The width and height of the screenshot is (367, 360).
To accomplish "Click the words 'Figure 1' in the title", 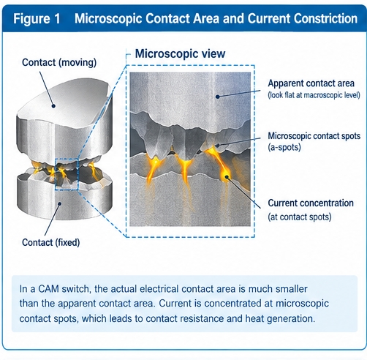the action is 37,18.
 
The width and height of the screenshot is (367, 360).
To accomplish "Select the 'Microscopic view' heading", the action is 180,53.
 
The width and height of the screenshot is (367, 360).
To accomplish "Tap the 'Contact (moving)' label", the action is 59,63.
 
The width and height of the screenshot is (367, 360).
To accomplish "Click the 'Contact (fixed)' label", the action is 51,242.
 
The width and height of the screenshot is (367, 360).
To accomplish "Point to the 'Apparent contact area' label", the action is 311,83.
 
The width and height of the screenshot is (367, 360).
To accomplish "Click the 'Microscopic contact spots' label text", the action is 314,136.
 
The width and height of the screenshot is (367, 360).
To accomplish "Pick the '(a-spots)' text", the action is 284,147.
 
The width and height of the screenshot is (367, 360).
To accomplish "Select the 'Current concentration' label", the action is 311,203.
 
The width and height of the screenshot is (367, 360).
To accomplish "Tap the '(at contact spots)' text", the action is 300,217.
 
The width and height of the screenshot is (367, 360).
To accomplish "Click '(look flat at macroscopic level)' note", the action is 314,95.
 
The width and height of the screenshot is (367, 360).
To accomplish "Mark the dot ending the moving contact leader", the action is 53,106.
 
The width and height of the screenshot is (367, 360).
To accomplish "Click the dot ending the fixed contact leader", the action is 59,203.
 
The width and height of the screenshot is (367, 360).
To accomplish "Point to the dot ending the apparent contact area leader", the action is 218,97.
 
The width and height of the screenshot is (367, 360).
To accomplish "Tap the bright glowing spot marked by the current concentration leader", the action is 227,176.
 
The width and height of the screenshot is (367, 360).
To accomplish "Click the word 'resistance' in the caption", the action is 199,318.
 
